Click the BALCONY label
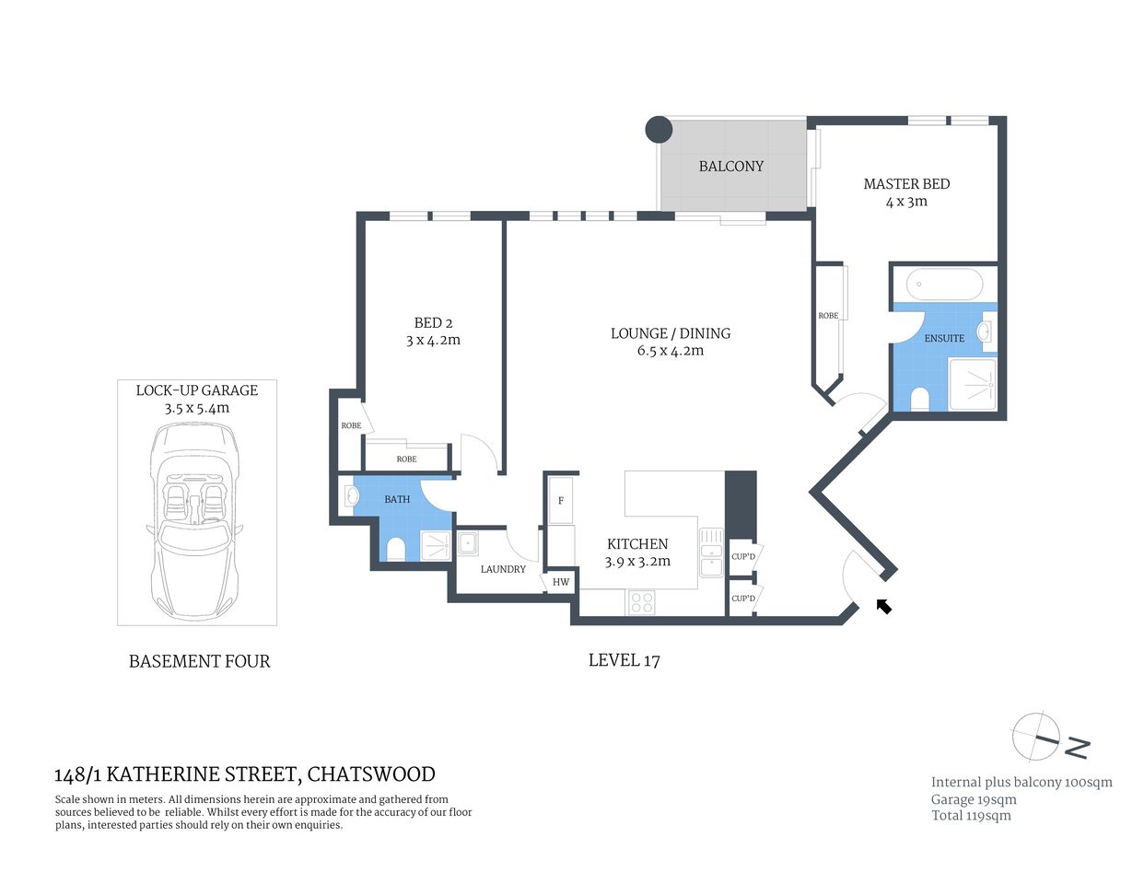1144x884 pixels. pyautogui.click(x=730, y=167)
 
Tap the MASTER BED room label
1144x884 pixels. pyautogui.click(x=906, y=184)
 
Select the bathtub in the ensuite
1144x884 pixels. pyautogui.click(x=944, y=285)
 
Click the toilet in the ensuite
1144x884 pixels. pyautogui.click(x=918, y=400)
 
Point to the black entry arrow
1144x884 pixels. pyautogui.click(x=883, y=606)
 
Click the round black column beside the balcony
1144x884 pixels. pyautogui.click(x=659, y=130)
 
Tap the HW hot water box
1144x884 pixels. pyautogui.click(x=560, y=582)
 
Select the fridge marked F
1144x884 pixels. pyautogui.click(x=560, y=501)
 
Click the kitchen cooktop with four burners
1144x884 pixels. pyautogui.click(x=641, y=603)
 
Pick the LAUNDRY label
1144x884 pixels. pyautogui.click(x=503, y=569)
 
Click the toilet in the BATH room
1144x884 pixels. pyautogui.click(x=396, y=549)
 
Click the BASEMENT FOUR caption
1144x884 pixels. pyautogui.click(x=199, y=661)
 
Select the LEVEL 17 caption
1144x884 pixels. pyautogui.click(x=624, y=660)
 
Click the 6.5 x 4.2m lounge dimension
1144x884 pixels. pyautogui.click(x=670, y=351)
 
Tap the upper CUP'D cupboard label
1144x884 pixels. pyautogui.click(x=742, y=556)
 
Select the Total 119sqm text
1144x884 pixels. pyautogui.click(x=971, y=815)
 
